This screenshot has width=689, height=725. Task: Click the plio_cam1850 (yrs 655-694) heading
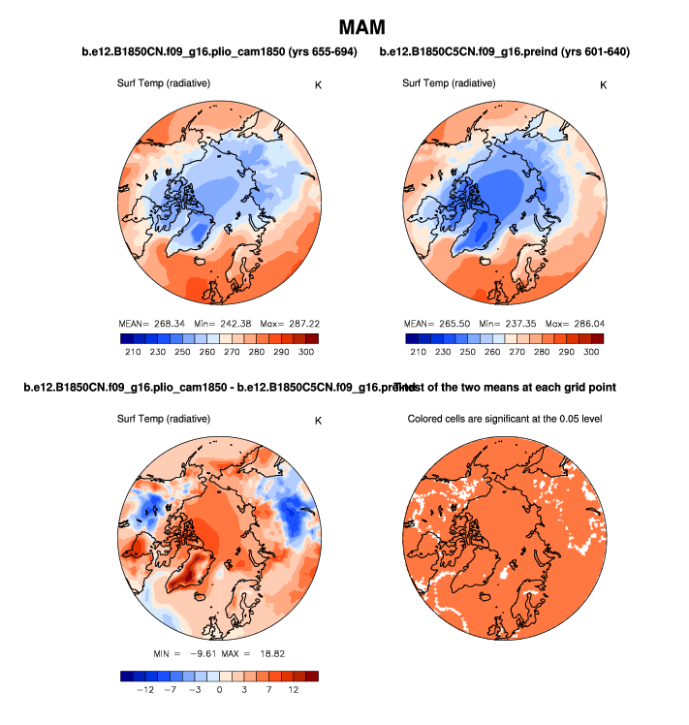215,52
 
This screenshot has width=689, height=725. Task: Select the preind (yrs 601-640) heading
505,52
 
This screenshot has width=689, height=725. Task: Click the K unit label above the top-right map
604,85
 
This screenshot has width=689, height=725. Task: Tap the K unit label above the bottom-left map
317,421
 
